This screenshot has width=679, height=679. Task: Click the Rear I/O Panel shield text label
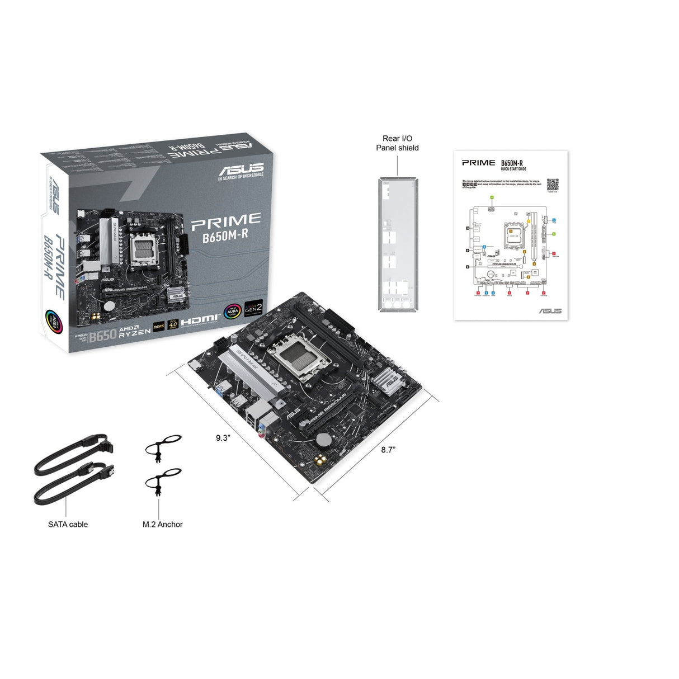397,143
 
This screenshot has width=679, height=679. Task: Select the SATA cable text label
68,524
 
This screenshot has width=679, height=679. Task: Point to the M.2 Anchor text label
162,524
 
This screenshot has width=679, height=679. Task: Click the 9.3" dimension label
223,438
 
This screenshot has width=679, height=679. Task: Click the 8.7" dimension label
388,449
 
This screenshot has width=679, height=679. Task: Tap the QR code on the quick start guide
552,185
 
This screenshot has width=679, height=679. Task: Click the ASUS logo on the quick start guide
550,310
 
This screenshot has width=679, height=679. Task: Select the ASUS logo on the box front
241,169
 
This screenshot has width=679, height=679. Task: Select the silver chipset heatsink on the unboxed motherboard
389,380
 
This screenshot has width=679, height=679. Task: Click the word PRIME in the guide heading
478,163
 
